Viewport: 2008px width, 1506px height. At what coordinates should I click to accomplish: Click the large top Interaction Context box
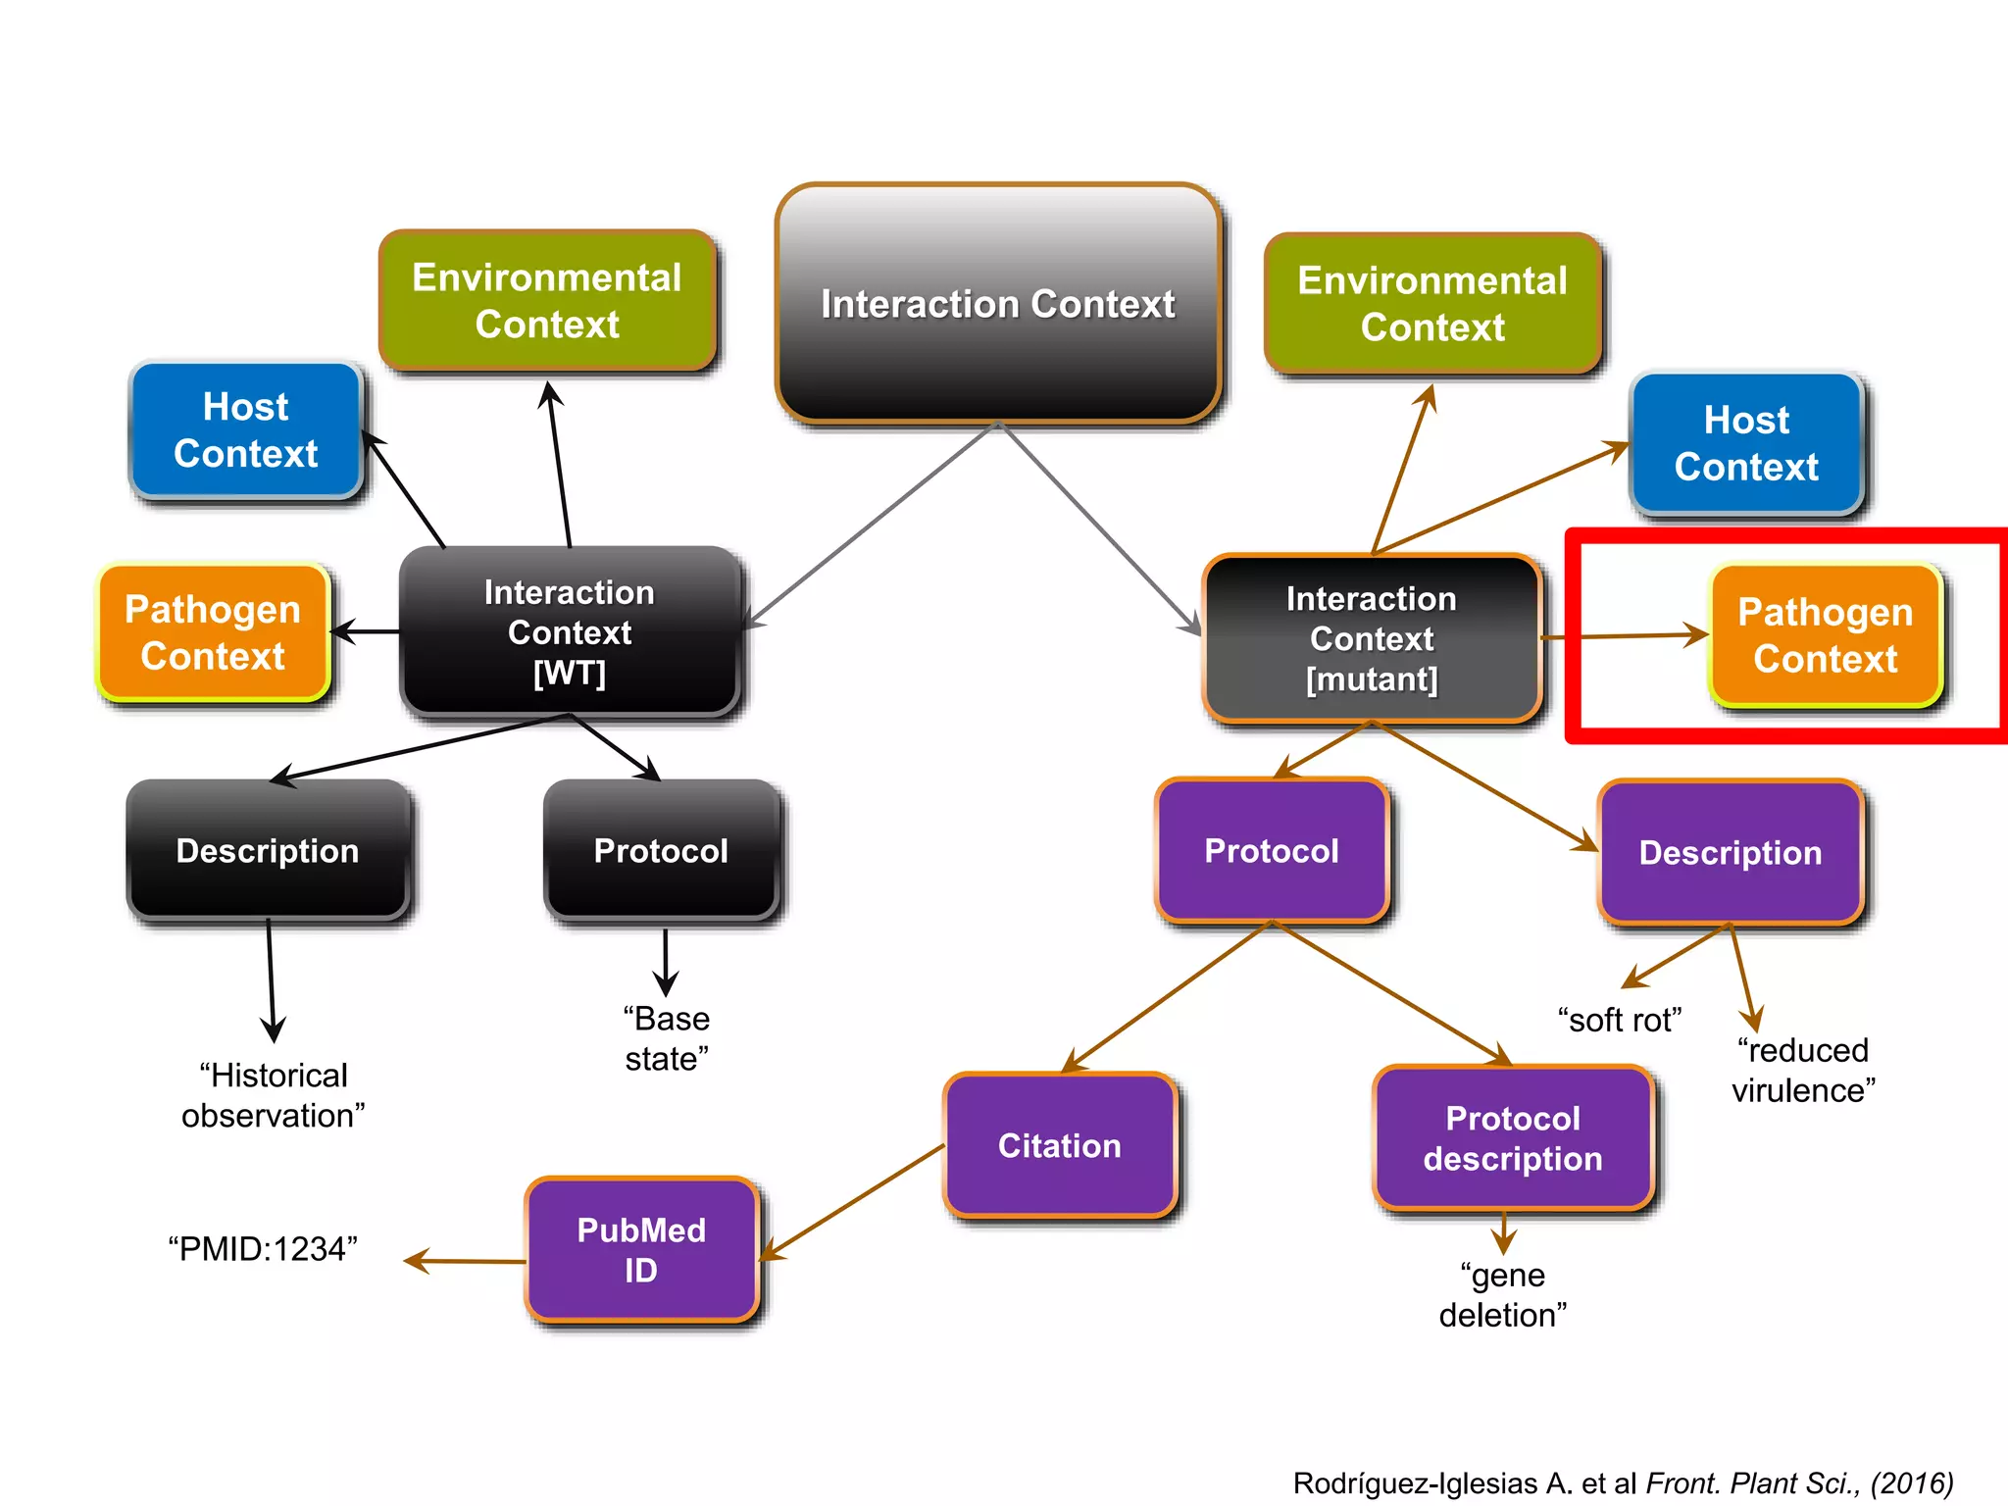pyautogui.click(x=998, y=304)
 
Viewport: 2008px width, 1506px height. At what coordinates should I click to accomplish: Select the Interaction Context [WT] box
pyautogui.click(x=570, y=632)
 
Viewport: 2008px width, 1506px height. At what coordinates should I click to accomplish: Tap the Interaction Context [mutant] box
pyautogui.click(x=1372, y=638)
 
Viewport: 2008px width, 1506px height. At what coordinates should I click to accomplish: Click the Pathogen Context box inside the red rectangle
pyautogui.click(x=1826, y=635)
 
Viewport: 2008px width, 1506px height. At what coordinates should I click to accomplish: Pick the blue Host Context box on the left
pyautogui.click(x=246, y=430)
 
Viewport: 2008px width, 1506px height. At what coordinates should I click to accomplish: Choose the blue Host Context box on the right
pyautogui.click(x=1746, y=443)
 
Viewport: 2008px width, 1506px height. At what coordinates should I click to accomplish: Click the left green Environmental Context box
pyautogui.click(x=547, y=301)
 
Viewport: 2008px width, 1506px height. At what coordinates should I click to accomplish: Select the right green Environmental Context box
pyautogui.click(x=1432, y=304)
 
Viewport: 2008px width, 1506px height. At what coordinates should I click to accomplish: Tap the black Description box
pyautogui.click(x=268, y=850)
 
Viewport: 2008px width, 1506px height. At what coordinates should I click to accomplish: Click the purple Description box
pyautogui.click(x=1731, y=852)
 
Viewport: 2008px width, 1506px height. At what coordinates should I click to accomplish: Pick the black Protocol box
pyautogui.click(x=662, y=850)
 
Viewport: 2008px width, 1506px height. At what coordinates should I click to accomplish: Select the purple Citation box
pyautogui.click(x=1060, y=1145)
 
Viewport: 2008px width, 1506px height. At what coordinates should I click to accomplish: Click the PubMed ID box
pyautogui.click(x=641, y=1250)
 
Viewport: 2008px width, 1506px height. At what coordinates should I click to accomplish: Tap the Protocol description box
pyautogui.click(x=1513, y=1138)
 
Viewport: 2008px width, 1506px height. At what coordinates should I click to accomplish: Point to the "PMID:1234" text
pyautogui.click(x=263, y=1249)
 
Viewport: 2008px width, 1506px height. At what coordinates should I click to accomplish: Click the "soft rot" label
pyautogui.click(x=1620, y=1020)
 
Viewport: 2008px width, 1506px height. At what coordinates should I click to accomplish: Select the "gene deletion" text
pyautogui.click(x=1503, y=1294)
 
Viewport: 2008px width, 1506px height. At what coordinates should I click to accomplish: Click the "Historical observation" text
pyautogui.click(x=274, y=1095)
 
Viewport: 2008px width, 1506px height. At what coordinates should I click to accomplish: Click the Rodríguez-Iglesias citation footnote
pyautogui.click(x=1623, y=1482)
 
